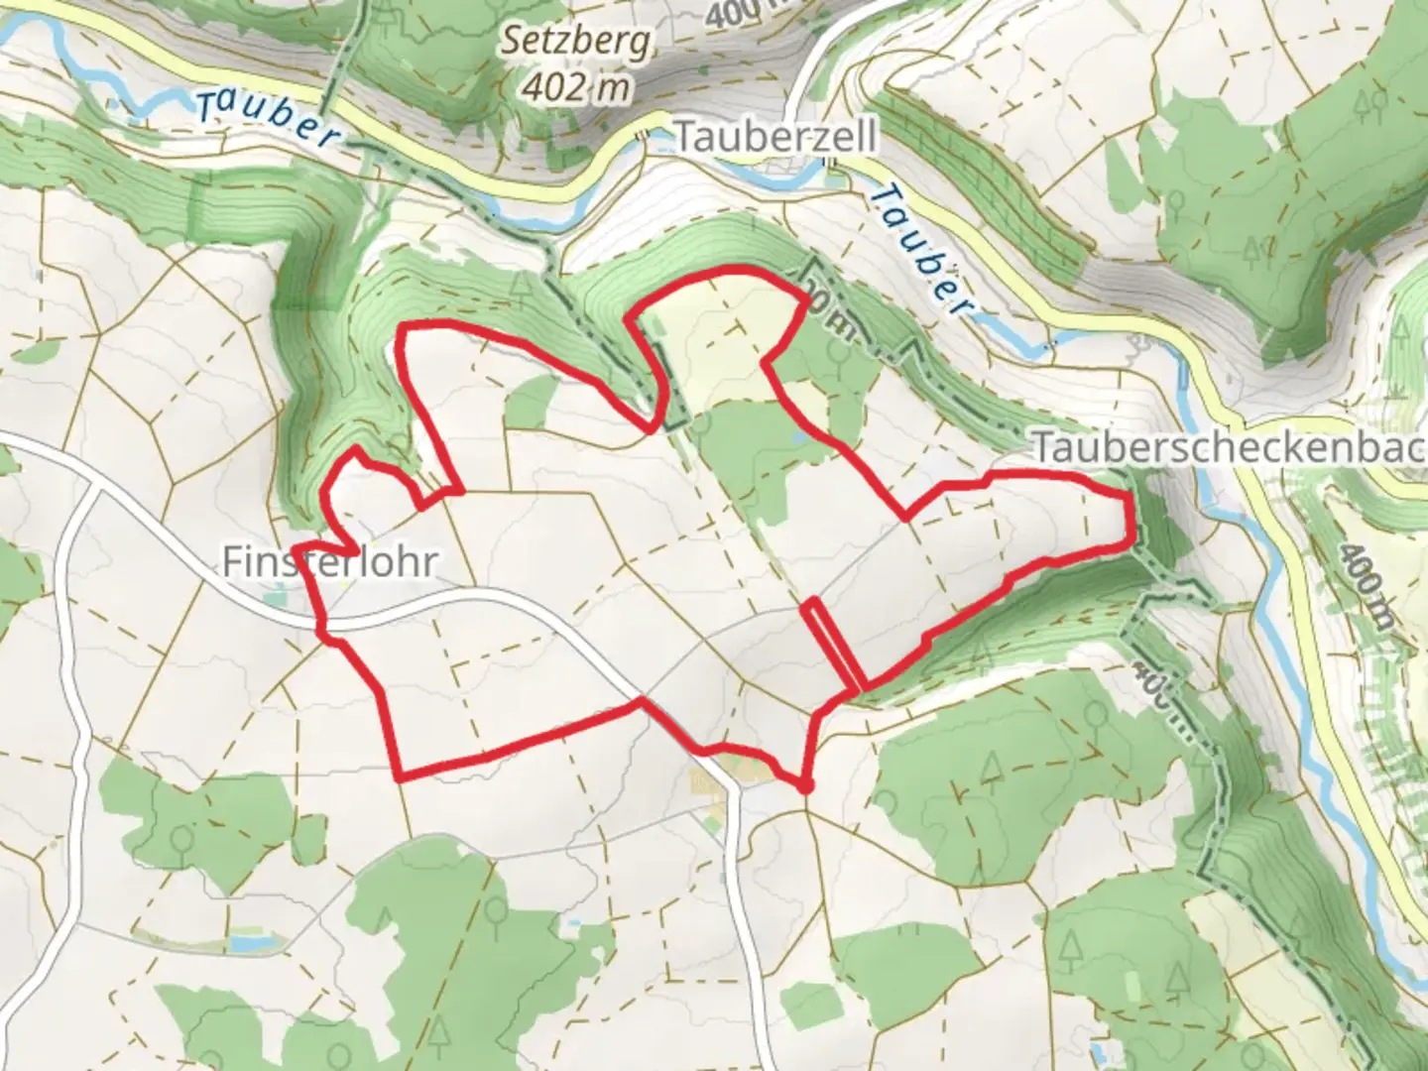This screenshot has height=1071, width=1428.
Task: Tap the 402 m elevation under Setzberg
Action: [575, 88]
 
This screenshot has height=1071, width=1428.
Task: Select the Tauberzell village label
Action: [775, 137]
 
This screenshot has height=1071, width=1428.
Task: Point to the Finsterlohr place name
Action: [328, 563]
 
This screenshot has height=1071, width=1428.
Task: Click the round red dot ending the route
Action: [805, 786]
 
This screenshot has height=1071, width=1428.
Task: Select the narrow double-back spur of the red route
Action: [833, 645]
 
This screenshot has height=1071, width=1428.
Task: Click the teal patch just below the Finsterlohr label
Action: [279, 598]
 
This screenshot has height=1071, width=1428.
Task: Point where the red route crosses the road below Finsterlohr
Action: [322, 625]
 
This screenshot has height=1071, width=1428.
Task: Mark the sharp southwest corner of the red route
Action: [399, 777]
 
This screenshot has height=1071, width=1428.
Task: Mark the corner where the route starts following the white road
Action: [641, 702]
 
